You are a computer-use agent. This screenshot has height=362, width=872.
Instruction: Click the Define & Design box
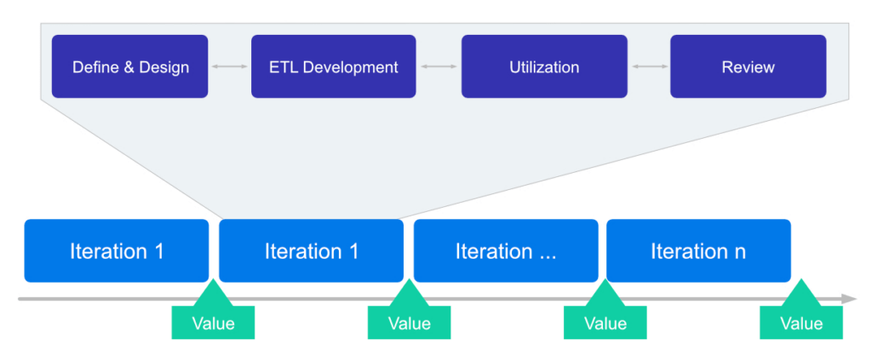tap(129, 66)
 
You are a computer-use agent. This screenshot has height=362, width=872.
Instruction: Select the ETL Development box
tap(333, 66)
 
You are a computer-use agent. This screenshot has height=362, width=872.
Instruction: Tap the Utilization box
tap(544, 66)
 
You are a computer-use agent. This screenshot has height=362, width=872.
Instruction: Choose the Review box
tap(748, 66)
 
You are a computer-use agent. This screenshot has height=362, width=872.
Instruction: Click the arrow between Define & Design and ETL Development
tap(229, 66)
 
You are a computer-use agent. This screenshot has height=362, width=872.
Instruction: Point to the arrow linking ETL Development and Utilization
tap(439, 66)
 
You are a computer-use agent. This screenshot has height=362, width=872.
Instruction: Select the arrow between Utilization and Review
tap(649, 66)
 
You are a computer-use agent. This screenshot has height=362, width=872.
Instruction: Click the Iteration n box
tap(697, 251)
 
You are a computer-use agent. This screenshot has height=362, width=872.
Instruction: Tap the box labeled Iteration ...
tap(506, 251)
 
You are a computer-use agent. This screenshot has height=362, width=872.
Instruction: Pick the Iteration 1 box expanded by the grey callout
tap(311, 251)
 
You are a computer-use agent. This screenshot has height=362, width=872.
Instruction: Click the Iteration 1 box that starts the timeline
tap(116, 251)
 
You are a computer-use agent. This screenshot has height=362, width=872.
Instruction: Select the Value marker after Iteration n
tap(800, 322)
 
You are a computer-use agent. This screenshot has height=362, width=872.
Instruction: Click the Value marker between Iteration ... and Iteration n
tap(605, 322)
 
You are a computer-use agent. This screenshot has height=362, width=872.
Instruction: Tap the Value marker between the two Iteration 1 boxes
tap(213, 322)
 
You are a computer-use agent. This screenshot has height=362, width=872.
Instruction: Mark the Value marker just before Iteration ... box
tap(409, 322)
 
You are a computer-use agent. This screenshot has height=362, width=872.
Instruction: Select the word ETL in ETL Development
tap(284, 67)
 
